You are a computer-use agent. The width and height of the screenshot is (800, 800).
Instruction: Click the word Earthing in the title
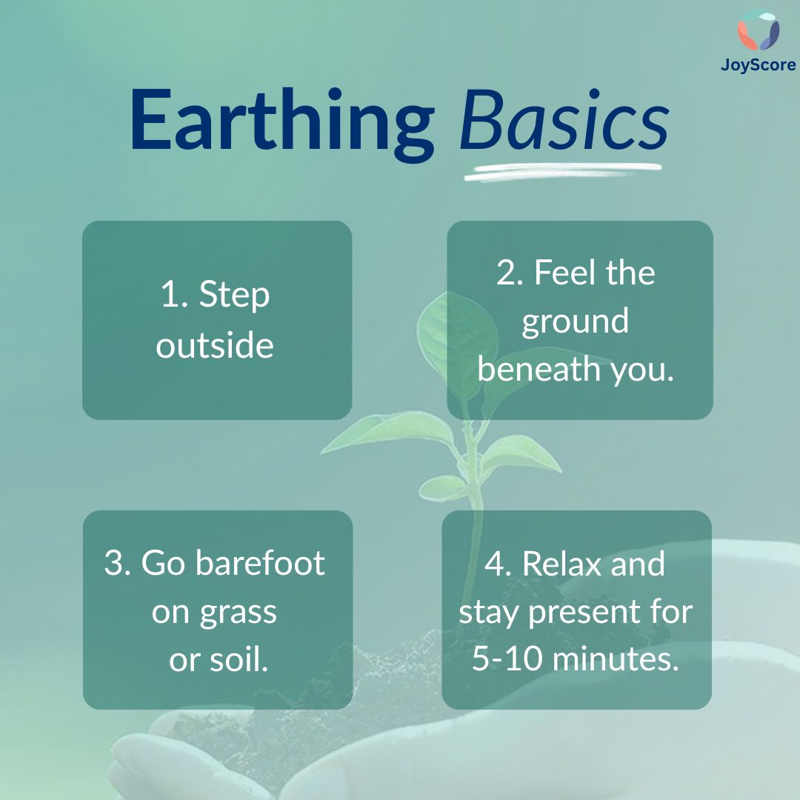click(283, 124)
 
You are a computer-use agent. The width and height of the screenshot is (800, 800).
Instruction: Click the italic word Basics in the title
click(564, 121)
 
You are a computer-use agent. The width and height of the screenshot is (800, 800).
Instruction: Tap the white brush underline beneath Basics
click(563, 171)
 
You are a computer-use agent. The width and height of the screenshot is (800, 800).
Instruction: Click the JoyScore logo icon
click(759, 30)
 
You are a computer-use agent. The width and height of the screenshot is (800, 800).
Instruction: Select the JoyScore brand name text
click(759, 64)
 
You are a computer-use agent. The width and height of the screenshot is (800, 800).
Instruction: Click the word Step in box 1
click(234, 296)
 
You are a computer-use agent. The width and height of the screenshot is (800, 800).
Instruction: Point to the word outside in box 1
click(215, 345)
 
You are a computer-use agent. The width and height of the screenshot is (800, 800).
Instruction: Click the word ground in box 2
click(575, 322)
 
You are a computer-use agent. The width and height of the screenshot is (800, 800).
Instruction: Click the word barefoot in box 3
click(260, 563)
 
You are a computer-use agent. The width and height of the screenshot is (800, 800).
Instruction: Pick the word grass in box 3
click(239, 613)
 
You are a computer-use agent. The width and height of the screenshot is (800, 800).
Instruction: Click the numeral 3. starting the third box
click(117, 563)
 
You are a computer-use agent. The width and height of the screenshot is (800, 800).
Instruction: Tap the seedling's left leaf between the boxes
click(387, 431)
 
